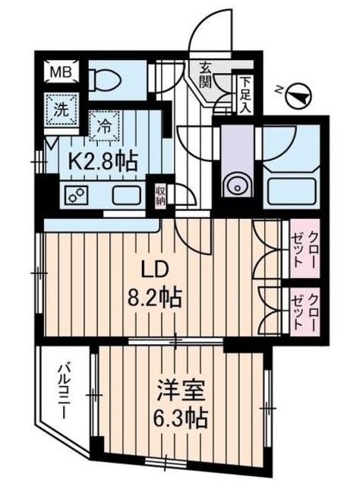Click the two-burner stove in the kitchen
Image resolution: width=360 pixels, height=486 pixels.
point(74,194)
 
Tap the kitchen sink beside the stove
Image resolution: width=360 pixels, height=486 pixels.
point(126,194)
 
